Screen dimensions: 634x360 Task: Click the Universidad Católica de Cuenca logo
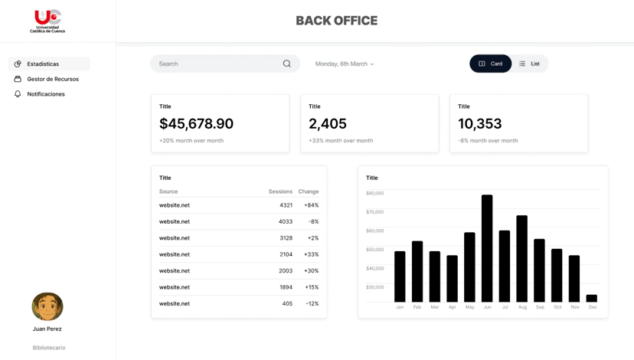click(47, 21)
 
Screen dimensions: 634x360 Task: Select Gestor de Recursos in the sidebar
click(53, 79)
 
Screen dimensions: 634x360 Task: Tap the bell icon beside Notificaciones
click(18, 94)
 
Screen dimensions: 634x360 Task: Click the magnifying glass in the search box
click(286, 64)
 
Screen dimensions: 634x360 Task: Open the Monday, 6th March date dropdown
click(345, 64)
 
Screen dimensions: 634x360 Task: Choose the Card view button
click(491, 64)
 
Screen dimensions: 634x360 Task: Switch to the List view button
click(530, 64)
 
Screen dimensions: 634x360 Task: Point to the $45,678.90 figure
click(196, 123)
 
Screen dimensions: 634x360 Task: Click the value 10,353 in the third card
click(479, 123)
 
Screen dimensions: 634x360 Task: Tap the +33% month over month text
click(341, 141)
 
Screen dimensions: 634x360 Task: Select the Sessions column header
click(280, 191)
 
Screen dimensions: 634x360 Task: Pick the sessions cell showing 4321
click(286, 205)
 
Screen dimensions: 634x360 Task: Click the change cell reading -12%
click(312, 303)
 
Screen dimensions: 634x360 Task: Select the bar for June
click(487, 248)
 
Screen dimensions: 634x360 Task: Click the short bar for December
click(592, 299)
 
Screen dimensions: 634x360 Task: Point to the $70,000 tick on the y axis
click(375, 212)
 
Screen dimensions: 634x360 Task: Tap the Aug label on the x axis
click(522, 307)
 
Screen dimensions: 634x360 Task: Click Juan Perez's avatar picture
click(47, 306)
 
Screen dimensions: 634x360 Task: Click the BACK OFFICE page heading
click(336, 21)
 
